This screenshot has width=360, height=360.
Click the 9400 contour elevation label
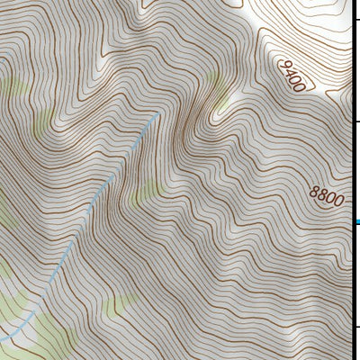pos(292,77)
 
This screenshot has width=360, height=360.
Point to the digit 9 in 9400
pos(284,66)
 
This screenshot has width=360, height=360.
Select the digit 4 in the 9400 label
pos(290,74)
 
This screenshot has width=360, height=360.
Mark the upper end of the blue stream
pos(159,113)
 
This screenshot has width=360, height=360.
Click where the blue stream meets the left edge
pos(2,339)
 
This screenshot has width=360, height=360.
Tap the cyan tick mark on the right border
pos(356,221)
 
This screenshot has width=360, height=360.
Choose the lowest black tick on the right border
pos(356,326)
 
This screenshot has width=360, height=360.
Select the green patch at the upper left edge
pos(11,90)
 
